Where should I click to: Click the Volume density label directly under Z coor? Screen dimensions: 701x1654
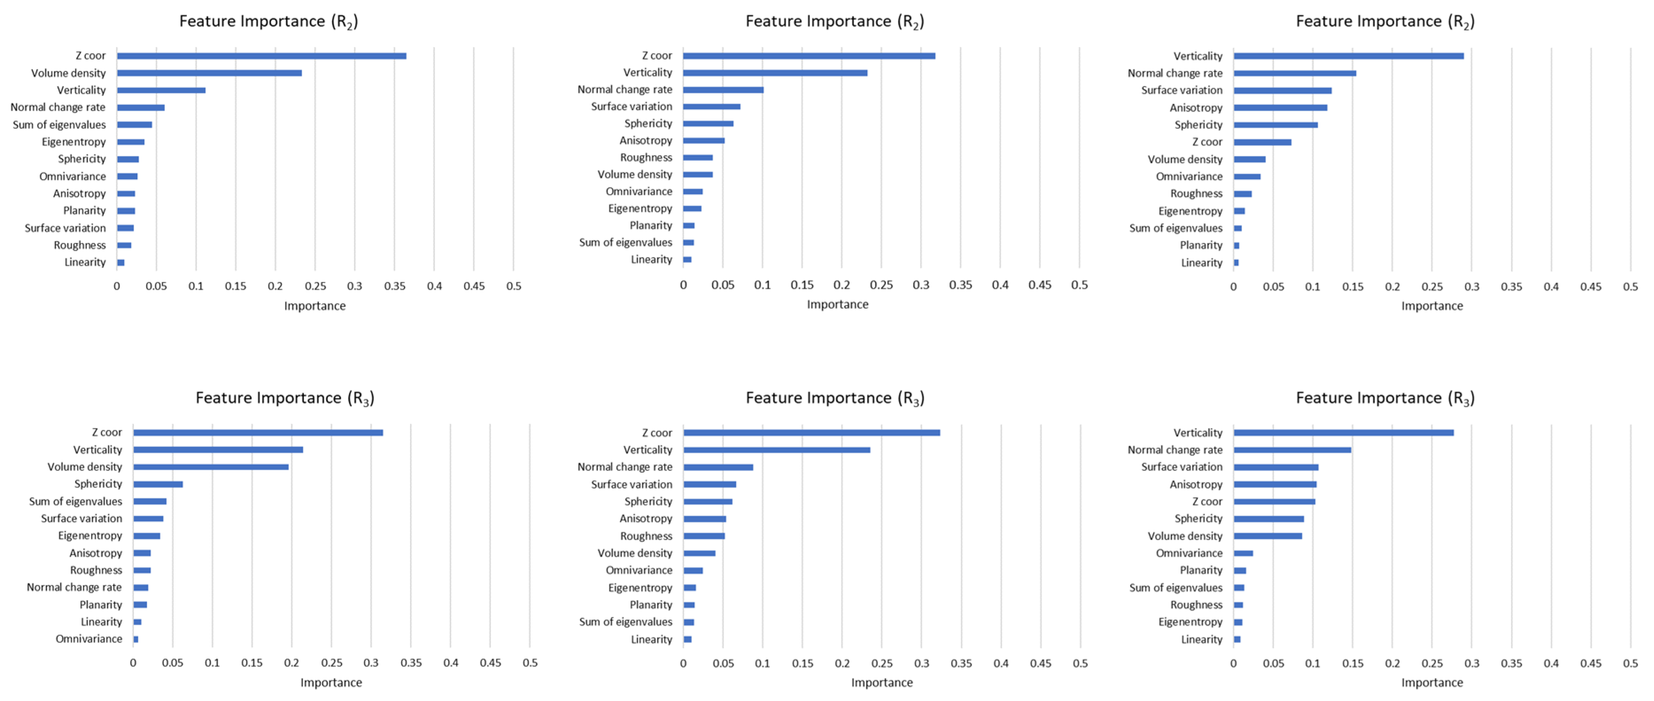point(68,73)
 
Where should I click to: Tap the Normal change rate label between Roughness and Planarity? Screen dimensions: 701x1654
point(74,587)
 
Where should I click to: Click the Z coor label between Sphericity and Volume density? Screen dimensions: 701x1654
point(1207,142)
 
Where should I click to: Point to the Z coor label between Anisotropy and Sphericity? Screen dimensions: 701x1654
point(1207,501)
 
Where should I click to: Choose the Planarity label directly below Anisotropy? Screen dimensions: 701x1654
point(84,211)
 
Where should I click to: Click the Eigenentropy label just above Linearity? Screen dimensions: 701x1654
point(1190,622)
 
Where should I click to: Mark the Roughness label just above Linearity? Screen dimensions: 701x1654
point(80,245)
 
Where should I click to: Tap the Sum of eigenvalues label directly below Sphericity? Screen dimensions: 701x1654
point(75,501)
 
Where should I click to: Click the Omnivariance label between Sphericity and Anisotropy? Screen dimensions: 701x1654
point(73,176)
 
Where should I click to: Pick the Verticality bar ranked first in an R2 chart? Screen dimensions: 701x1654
point(1348,56)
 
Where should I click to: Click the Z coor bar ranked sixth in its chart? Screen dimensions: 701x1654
point(1262,142)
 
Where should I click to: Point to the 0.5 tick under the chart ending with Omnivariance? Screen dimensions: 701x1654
point(530,662)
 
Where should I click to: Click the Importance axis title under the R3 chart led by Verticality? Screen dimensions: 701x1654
point(1432,682)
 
